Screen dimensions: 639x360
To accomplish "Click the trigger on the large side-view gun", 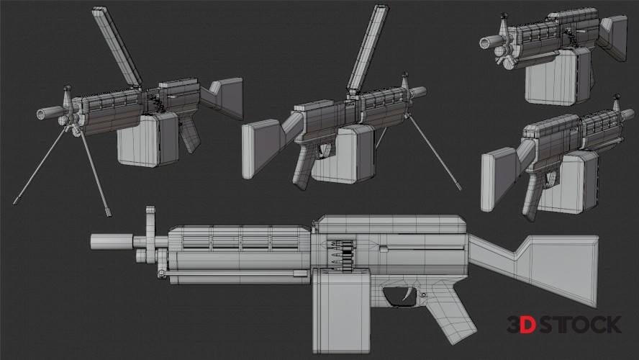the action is (407, 294).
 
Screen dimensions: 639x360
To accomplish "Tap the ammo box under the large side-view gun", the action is (342, 310).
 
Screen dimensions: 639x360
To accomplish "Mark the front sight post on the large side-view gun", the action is (150, 235).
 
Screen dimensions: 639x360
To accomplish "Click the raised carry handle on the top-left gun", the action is (117, 46).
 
